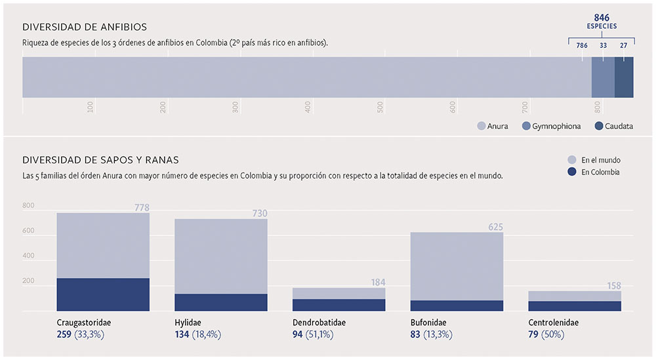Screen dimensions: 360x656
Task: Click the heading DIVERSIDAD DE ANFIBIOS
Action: (x=85, y=27)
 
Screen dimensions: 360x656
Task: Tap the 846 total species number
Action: (x=602, y=17)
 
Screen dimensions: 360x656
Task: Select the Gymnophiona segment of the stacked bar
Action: (x=603, y=77)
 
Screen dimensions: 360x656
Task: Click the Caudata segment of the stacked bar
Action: (x=624, y=77)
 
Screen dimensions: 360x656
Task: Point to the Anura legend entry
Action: (x=493, y=126)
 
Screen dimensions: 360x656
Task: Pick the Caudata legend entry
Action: (x=614, y=126)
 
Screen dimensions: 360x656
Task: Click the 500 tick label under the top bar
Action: (x=380, y=107)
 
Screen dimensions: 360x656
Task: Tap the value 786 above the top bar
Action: (x=581, y=46)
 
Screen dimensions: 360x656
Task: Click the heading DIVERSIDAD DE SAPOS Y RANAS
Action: (x=100, y=159)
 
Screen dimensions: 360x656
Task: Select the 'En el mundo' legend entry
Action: (x=595, y=160)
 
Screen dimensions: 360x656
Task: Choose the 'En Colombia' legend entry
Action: (x=595, y=172)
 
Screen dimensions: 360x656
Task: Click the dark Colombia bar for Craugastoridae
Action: (x=103, y=294)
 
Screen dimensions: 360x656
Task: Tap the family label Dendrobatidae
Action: (x=319, y=323)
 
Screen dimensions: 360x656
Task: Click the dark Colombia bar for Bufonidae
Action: (x=457, y=306)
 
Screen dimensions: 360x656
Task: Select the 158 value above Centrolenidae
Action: (x=613, y=286)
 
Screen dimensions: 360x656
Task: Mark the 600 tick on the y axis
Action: (x=28, y=231)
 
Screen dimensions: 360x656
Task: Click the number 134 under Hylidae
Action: (x=182, y=334)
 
